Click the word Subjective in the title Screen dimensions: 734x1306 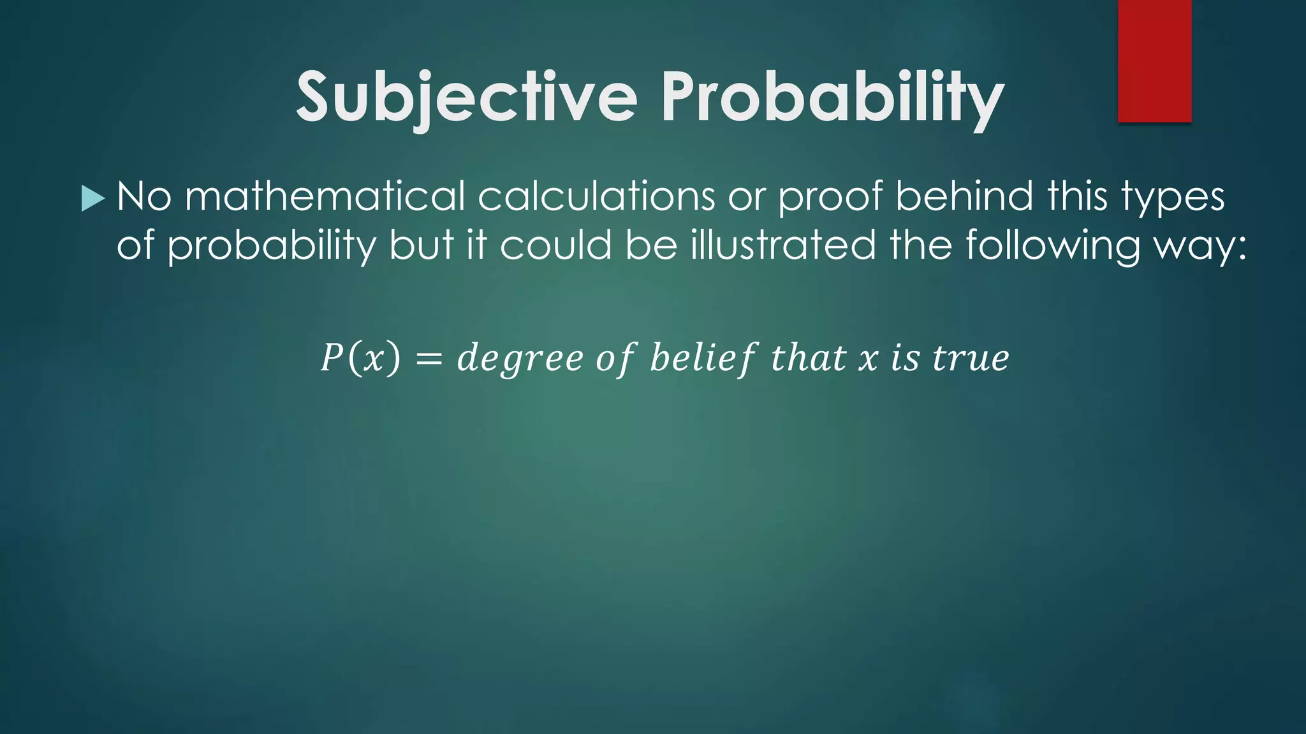[x=467, y=97]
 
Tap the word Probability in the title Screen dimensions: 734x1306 [x=832, y=97]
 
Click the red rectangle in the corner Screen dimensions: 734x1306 [x=1154, y=61]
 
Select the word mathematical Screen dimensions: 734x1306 [x=325, y=196]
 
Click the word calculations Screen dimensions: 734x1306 [x=596, y=196]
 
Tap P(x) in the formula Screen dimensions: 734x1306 [x=360, y=357]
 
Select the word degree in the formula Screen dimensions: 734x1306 [x=520, y=359]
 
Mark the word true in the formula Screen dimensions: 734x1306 [x=971, y=359]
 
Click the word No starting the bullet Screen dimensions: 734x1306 [x=144, y=196]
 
